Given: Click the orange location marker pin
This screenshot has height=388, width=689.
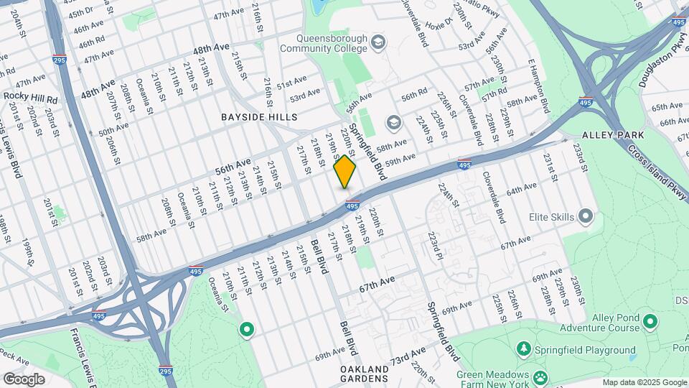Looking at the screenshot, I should click(344, 172).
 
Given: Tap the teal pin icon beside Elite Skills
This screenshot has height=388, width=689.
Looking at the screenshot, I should click(585, 216).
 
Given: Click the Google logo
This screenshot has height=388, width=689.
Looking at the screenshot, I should click(24, 379).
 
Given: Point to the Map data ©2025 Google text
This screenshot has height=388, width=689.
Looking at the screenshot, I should click(644, 382).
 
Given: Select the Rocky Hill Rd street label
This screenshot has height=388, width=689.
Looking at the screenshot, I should click(30, 96).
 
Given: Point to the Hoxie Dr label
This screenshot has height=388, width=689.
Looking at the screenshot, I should click(439, 22).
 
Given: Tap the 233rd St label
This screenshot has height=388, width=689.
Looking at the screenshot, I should click(579, 156).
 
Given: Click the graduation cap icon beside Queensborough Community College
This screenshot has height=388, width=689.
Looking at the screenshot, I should click(377, 44).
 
